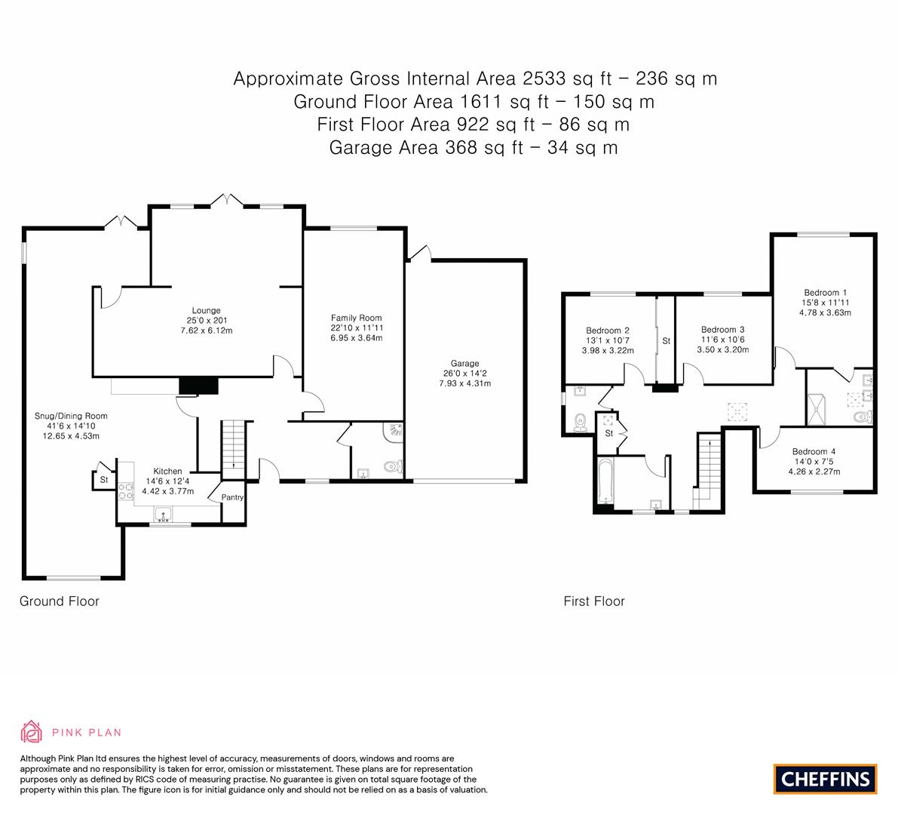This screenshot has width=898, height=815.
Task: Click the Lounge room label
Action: pos(206,311)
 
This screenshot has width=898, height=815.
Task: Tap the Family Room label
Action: pos(356,318)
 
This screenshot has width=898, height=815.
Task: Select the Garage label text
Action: pos(465,364)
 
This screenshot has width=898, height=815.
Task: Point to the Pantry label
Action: pos(232,497)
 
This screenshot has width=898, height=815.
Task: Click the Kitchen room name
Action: pos(168,471)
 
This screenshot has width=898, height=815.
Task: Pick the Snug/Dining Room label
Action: pos(71,416)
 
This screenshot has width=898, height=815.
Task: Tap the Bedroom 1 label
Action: pos(826,292)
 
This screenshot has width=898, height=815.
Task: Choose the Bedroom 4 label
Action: pos(814,451)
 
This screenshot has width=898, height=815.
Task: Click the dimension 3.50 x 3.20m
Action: pos(723,349)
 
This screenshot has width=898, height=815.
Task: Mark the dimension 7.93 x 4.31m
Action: pos(465,383)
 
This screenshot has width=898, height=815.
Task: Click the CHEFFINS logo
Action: pos(826,779)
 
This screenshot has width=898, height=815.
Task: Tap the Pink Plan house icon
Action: pos(32,731)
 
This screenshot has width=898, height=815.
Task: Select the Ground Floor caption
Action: pos(60,601)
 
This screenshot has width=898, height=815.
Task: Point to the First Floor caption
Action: pos(594,601)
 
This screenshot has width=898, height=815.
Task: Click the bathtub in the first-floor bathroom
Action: pos(605,481)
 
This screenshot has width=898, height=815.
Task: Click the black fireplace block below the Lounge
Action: pos(199,386)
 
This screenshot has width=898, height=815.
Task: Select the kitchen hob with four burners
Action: pos(126,491)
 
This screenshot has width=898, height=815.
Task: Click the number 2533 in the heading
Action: pos(544,78)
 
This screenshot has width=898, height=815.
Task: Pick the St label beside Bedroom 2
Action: pos(666,341)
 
